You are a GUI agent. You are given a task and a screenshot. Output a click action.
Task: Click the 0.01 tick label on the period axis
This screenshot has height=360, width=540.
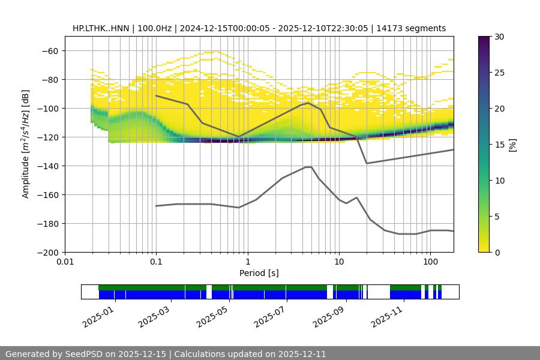(x=65, y=262)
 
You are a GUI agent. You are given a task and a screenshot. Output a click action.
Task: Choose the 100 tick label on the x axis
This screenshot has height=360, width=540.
(x=430, y=262)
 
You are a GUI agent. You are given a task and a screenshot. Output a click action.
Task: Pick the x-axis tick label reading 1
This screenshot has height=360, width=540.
(x=247, y=262)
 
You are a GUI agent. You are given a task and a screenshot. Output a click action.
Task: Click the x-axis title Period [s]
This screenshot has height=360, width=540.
(x=259, y=273)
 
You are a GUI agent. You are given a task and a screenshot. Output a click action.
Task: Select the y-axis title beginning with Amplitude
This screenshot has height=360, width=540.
(x=26, y=144)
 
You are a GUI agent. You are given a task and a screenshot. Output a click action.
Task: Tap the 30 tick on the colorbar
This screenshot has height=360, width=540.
(x=500, y=37)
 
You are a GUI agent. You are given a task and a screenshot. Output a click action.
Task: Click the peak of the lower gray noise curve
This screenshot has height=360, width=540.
(x=308, y=167)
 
